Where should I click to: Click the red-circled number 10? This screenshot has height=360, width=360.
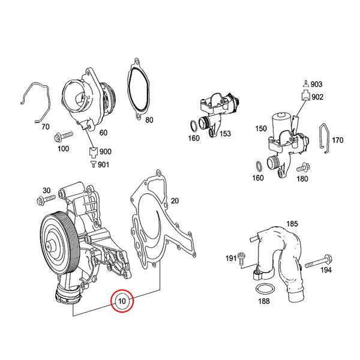point(122,301)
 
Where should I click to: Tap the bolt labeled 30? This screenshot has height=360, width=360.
point(46,200)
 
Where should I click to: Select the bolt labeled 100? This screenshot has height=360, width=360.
point(64,137)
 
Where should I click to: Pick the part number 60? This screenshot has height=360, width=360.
point(103,133)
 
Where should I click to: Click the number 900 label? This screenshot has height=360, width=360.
point(106,152)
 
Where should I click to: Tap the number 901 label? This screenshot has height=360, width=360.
point(104,164)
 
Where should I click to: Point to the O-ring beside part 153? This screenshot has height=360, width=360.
point(193,126)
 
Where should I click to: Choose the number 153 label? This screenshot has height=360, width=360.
point(225,134)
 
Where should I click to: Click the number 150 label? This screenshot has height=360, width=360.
point(261,128)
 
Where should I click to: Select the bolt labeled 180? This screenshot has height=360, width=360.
point(304,168)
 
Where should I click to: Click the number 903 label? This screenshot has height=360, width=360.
point(317,84)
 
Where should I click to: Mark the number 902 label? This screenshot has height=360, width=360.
point(317,97)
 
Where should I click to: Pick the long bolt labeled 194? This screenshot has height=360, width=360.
point(319,262)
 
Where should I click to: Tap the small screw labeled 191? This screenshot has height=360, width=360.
point(241,258)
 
